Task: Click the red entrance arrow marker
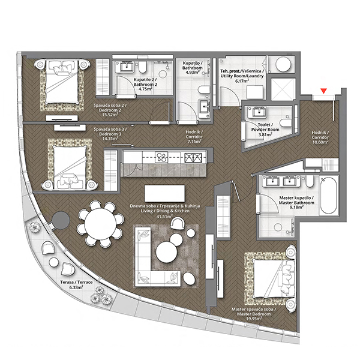[324, 91]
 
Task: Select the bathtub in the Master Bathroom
[329, 195]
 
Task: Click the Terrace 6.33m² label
[76, 284]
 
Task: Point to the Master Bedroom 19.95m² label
[254, 314]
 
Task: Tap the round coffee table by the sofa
[166, 252]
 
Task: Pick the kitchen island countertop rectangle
[164, 194]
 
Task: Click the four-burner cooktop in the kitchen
[161, 157]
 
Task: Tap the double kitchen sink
[193, 158]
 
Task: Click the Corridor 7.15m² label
[194, 137]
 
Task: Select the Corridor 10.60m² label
[320, 137]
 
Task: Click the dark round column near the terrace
[61, 220]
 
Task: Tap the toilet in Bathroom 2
[142, 67]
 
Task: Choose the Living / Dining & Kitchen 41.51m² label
[165, 211]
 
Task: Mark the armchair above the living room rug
[178, 224]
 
